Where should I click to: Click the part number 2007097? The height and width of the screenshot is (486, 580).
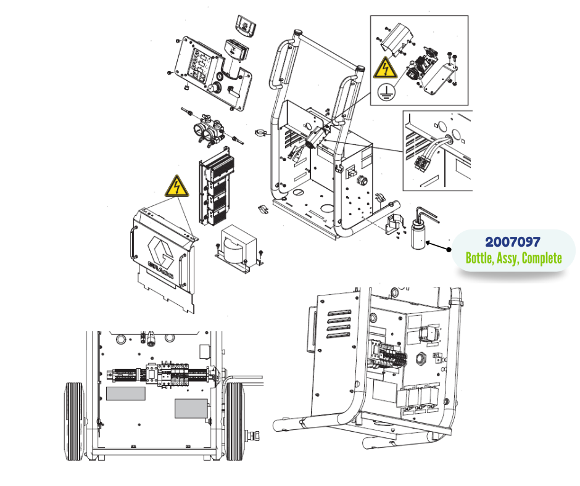[x=512, y=242]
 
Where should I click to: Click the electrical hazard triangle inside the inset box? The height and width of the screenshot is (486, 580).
[x=385, y=68]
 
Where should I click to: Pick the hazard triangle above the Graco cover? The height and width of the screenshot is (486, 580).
[x=177, y=186]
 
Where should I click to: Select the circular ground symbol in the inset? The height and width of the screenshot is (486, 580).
[x=386, y=91]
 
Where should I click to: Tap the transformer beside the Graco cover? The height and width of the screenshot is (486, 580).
[x=239, y=245]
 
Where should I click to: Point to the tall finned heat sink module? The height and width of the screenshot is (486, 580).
[x=216, y=186]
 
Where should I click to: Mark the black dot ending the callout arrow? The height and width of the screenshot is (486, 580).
[x=449, y=250]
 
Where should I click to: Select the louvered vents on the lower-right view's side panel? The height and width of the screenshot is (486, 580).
[x=339, y=324]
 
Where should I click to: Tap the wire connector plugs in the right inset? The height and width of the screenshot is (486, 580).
[x=422, y=163]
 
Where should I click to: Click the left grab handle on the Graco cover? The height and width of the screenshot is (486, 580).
[x=131, y=244]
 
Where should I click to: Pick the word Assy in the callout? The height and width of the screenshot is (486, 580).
[x=507, y=258]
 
